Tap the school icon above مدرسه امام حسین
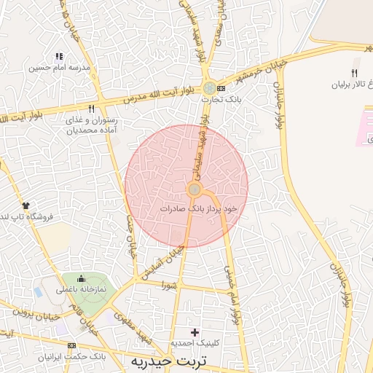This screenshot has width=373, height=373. [59, 55]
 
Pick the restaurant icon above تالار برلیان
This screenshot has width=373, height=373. [354, 73]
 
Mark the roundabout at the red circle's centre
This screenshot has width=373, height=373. [195, 190]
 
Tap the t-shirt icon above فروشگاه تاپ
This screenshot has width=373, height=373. [25, 206]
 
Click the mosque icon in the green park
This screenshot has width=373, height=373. [80, 278]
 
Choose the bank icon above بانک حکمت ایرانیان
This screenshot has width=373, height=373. [71, 345]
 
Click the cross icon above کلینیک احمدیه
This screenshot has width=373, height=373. [194, 332]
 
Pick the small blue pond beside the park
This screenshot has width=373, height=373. [38, 291]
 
